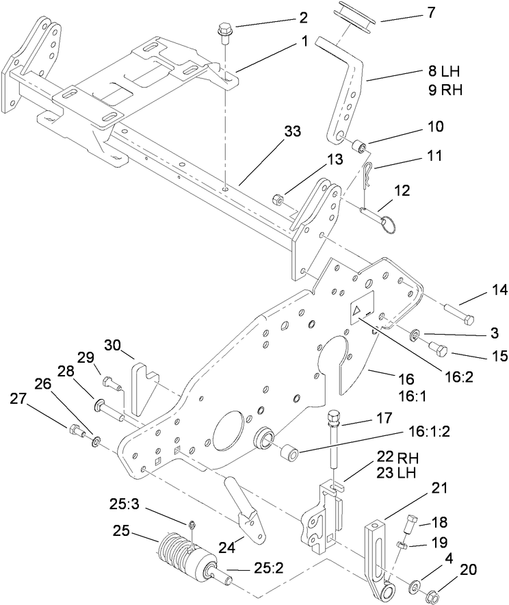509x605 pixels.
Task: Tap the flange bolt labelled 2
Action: coord(224,32)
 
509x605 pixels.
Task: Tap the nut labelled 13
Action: coord(278,200)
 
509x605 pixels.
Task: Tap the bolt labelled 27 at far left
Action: coord(73,430)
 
